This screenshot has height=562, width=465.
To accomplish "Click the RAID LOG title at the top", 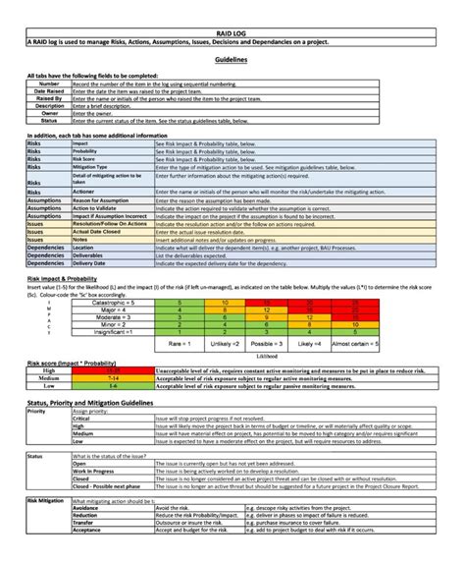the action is [x=232, y=35].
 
